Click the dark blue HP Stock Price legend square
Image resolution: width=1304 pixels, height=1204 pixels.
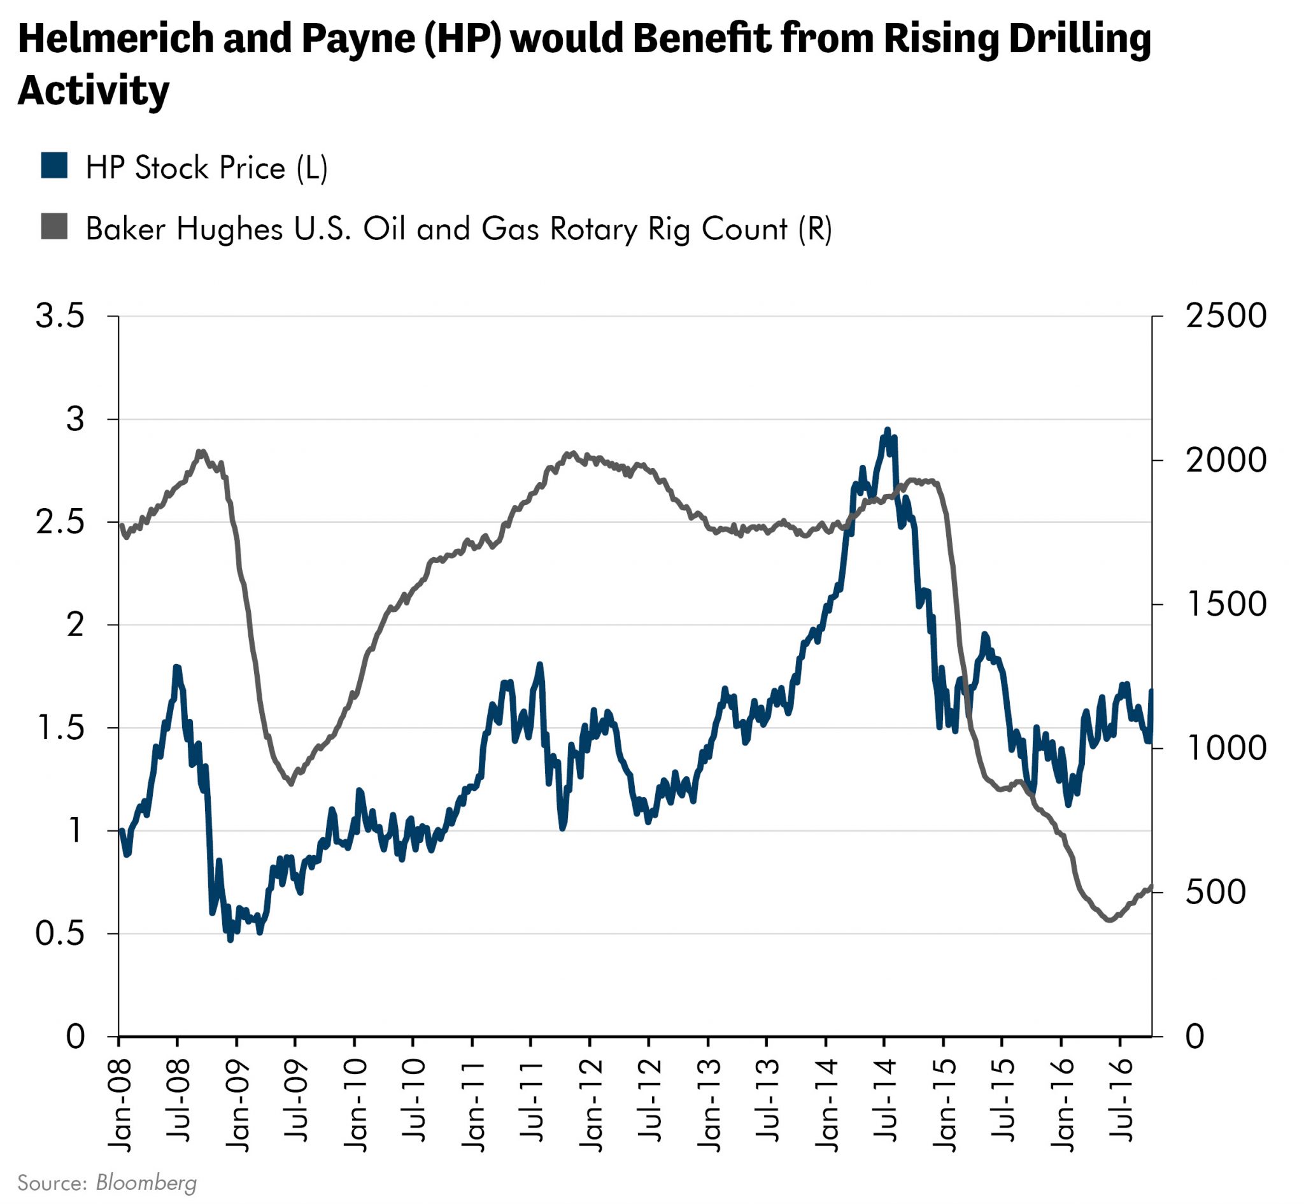click(53, 166)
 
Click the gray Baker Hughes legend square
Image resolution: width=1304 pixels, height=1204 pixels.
click(53, 226)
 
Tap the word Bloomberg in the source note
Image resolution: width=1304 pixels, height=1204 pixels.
click(146, 1182)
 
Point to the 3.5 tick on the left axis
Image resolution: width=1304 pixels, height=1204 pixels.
click(60, 316)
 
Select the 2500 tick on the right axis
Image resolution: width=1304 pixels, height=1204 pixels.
click(1226, 316)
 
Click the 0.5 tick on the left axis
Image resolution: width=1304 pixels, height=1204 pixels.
click(60, 933)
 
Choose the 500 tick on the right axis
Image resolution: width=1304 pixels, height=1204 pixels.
click(1215, 892)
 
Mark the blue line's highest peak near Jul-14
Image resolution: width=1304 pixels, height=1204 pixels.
click(887, 430)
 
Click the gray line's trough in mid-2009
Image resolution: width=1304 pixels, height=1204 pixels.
click(291, 784)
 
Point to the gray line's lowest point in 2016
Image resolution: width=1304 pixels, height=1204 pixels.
click(1108, 921)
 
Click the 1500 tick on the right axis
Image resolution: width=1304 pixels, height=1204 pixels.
click(1226, 604)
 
